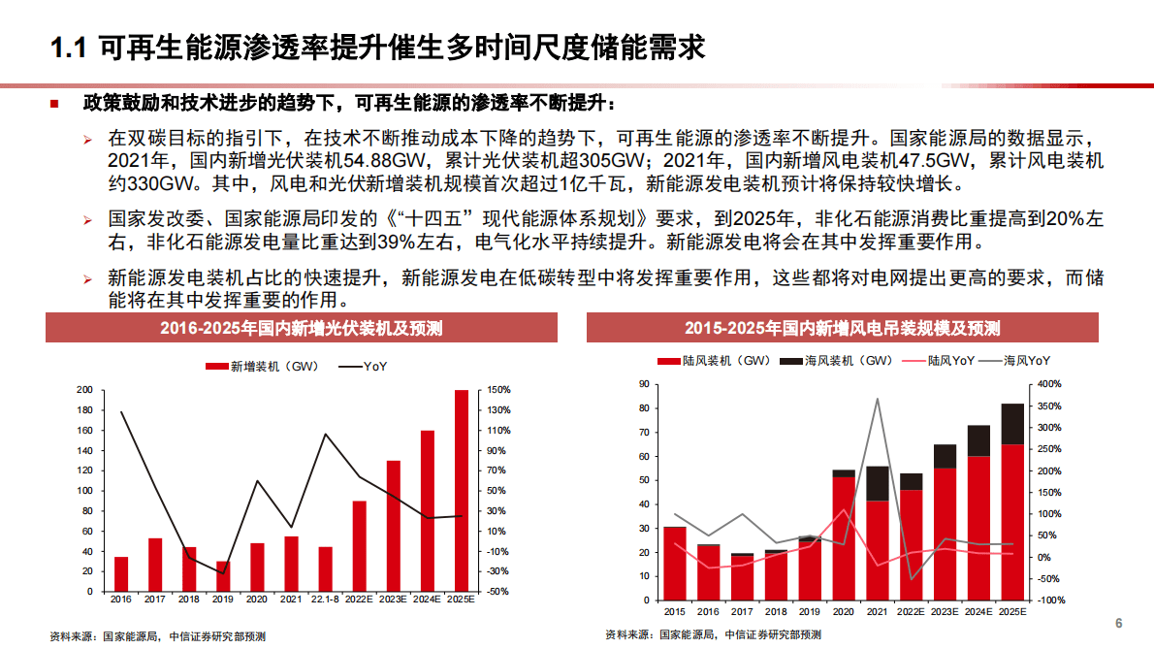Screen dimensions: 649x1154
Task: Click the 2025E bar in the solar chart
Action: coord(461,490)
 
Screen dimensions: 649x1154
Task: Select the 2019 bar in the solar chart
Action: coord(223,576)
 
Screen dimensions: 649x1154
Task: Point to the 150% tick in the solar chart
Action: coord(498,390)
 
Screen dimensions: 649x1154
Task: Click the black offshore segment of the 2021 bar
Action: coord(878,483)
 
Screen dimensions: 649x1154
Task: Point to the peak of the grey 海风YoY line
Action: coord(878,399)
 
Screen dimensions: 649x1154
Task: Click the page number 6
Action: coord(1118,623)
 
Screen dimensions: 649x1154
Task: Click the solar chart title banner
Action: coord(301,328)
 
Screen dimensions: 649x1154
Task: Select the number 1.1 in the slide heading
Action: coord(69,46)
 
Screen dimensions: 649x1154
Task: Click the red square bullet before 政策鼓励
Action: coord(55,103)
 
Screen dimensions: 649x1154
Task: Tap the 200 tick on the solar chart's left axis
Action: coord(85,390)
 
